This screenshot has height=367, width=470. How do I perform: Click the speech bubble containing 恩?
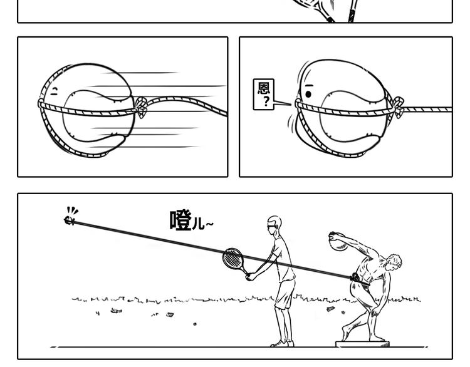coord(264,95)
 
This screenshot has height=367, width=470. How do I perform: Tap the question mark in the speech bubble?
coord(266,102)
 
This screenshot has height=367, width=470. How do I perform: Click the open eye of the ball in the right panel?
coord(308,95)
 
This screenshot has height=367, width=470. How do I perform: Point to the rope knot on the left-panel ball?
coord(141,108)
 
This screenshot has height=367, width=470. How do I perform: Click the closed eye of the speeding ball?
coord(55,92)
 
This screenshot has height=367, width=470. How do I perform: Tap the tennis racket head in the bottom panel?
coord(233,258)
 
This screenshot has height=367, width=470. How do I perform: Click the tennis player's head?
coord(274,225)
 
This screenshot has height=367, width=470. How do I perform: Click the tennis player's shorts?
coord(285,292)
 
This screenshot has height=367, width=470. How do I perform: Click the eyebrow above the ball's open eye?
coord(308,85)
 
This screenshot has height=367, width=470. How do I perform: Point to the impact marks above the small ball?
coord(73,210)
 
